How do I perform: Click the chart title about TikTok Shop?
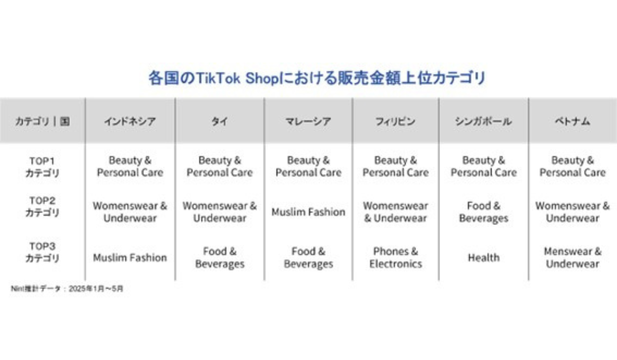click(x=317, y=78)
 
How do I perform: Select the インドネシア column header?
click(x=130, y=121)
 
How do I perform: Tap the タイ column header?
click(x=220, y=121)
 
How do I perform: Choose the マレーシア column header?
click(x=308, y=121)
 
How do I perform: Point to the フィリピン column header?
click(x=395, y=121)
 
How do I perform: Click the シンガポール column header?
click(x=483, y=121)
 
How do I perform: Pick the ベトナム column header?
click(x=572, y=121)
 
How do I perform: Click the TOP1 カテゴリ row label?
click(x=42, y=167)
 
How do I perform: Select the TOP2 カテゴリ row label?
click(x=42, y=207)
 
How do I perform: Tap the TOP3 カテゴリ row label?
click(x=42, y=252)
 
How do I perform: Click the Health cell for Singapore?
click(x=484, y=258)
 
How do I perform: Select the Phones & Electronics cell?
click(x=395, y=258)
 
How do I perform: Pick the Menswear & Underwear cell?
click(x=573, y=258)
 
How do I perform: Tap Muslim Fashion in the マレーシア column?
click(x=308, y=212)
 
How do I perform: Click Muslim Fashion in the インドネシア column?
click(x=130, y=258)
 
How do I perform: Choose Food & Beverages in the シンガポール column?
click(x=484, y=212)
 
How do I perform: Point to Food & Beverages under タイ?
click(x=220, y=258)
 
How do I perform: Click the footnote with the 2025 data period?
click(x=67, y=289)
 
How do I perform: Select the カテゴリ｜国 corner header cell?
click(x=42, y=121)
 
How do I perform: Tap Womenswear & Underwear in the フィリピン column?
click(x=395, y=212)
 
